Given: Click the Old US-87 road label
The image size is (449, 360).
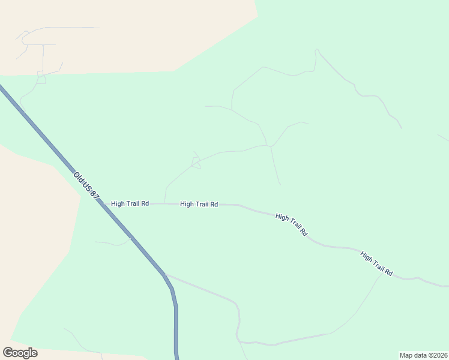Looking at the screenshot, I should [86, 187].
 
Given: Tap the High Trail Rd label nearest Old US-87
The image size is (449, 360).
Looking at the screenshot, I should [130, 204].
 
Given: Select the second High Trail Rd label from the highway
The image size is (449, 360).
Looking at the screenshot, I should [199, 205].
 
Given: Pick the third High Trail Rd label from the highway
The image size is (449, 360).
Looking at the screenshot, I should [292, 224].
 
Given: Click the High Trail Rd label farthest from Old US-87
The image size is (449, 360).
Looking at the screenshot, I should [376, 264].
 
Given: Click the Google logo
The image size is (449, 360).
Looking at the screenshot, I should [20, 353].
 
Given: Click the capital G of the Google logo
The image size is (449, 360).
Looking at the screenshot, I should [8, 353].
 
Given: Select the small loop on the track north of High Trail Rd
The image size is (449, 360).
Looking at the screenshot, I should [195, 162].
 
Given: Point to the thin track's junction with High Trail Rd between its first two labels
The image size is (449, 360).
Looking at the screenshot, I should [164, 203].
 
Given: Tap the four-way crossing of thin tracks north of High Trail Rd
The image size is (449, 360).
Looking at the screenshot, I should [270, 146].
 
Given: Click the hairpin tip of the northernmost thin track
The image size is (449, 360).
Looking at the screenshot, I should [316, 50].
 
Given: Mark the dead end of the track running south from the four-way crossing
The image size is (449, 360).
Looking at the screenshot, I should [280, 184].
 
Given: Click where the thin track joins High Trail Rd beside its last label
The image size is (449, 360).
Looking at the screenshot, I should [382, 276].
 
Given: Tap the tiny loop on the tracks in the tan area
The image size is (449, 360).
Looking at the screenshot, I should [41, 79].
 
